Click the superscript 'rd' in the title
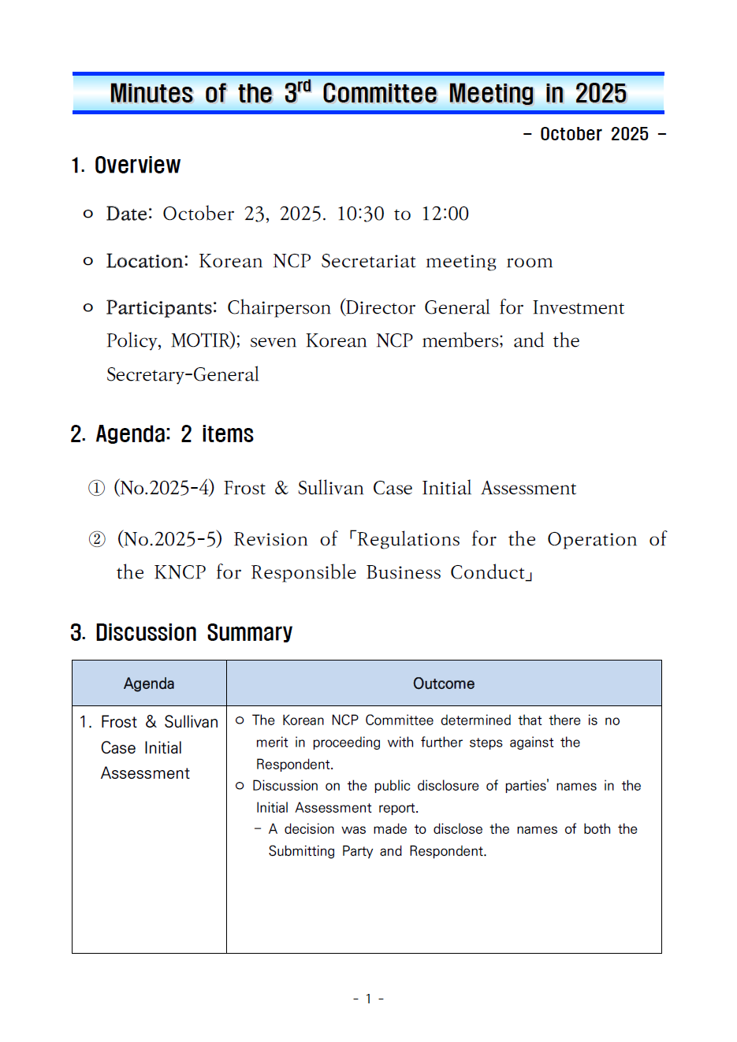[303, 85]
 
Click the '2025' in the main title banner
[601, 94]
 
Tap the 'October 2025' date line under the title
[594, 134]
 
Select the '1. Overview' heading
[126, 166]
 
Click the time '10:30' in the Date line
[360, 214]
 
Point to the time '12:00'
[445, 214]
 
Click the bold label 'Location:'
[147, 262]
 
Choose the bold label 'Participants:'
[162, 307]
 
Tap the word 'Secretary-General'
[183, 374]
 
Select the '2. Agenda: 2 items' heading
[162, 434]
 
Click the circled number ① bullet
[96, 489]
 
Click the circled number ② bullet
[96, 539]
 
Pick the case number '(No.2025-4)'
[164, 489]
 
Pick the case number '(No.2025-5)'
[169, 539]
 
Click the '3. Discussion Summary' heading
[181, 633]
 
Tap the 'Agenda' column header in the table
[149, 683]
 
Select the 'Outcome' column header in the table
[444, 683]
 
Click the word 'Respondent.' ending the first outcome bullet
[295, 765]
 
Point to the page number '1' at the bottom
[368, 999]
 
